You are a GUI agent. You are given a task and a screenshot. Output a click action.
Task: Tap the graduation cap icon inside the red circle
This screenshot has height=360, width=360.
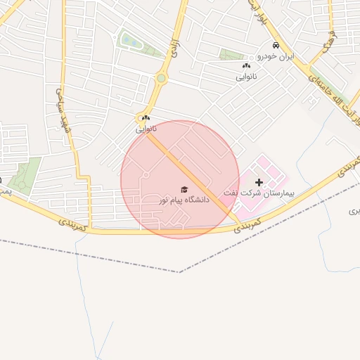point(184,189)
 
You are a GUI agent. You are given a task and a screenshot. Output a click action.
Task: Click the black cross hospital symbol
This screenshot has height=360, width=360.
point(259,182)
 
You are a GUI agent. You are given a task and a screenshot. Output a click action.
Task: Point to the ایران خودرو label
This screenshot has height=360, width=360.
point(276,56)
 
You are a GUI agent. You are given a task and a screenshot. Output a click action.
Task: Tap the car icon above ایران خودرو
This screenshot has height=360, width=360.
point(276,46)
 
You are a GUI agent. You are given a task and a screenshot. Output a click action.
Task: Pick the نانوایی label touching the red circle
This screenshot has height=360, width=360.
point(146,129)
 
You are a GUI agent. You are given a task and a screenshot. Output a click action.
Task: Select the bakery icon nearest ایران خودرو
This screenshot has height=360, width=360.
point(245,66)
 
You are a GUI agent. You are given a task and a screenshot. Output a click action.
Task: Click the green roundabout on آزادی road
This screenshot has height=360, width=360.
point(161,79)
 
